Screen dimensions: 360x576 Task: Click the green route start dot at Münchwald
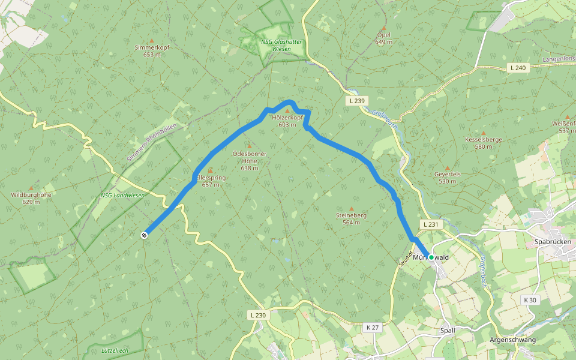pyautogui.click(x=431, y=257)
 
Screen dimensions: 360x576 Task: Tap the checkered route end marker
pyautogui.click(x=144, y=235)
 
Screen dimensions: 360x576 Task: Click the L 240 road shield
pyautogui.click(x=517, y=68)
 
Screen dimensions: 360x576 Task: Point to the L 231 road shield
pyautogui.click(x=431, y=224)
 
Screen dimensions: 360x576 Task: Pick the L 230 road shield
pyautogui.click(x=257, y=315)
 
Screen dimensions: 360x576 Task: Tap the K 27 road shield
pyautogui.click(x=372, y=328)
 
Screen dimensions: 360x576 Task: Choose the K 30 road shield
pyautogui.click(x=529, y=300)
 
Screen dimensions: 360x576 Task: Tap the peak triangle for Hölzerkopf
pyautogui.click(x=287, y=111)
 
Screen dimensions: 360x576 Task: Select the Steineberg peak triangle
pyautogui.click(x=352, y=209)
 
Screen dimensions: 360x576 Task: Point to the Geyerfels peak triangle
pyautogui.click(x=447, y=168)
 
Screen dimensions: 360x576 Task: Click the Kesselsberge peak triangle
pyautogui.click(x=483, y=133)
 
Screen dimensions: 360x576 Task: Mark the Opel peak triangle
pyautogui.click(x=383, y=28)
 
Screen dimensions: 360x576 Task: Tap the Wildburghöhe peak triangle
pyautogui.click(x=31, y=188)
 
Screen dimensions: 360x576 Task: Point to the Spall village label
pyautogui.click(x=448, y=330)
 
